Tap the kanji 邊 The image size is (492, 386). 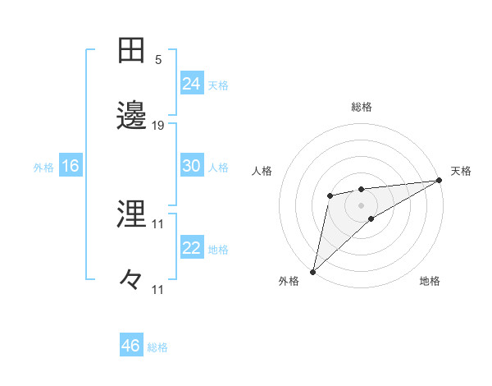[x=132, y=116]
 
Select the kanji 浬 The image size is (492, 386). [x=132, y=215]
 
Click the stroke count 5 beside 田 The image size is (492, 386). [x=158, y=59]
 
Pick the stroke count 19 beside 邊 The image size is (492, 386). [x=158, y=125]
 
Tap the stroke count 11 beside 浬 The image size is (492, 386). [x=158, y=223]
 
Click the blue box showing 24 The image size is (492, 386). [x=192, y=84]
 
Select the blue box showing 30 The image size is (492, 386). [x=192, y=166]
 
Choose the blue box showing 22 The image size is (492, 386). [x=192, y=248]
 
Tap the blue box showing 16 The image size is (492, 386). [x=71, y=166]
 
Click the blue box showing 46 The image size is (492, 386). [x=131, y=346]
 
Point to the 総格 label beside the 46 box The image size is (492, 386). [x=157, y=347]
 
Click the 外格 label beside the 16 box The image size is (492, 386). [x=43, y=168]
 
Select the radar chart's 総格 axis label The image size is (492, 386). [x=362, y=107]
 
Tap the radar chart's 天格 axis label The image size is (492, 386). [x=461, y=171]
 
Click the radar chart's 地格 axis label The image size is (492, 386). [x=430, y=281]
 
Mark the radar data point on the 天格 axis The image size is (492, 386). [x=440, y=180]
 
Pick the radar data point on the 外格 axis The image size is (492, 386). [x=312, y=271]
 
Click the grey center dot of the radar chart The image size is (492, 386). [x=361, y=204]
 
